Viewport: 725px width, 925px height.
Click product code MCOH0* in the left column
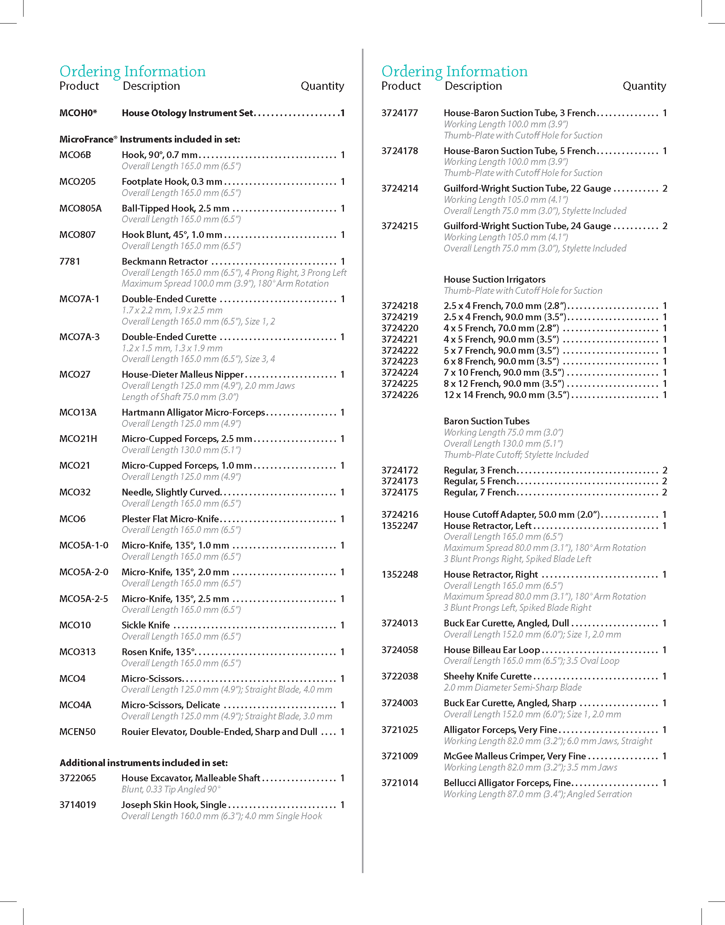[78, 113]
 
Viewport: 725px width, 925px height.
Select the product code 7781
[69, 261]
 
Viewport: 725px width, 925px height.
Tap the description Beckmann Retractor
[165, 261]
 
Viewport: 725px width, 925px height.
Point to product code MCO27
[75, 374]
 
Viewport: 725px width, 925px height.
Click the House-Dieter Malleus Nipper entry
[182, 374]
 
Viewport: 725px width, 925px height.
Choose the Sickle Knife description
[146, 625]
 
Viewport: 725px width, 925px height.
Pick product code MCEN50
[77, 732]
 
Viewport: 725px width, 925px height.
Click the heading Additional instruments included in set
[144, 763]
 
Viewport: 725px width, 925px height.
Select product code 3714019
[78, 805]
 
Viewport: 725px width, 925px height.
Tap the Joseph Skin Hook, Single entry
[174, 805]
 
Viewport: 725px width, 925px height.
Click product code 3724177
[399, 113]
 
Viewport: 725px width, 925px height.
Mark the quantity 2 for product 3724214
[665, 188]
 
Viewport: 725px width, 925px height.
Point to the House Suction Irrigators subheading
[494, 279]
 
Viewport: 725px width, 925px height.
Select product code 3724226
[399, 395]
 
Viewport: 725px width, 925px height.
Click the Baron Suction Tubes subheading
[486, 421]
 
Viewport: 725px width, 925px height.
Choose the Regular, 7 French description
[480, 492]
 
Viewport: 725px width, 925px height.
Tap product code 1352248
[399, 574]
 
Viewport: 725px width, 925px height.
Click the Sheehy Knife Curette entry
[487, 676]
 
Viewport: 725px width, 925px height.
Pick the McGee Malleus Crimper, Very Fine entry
[514, 756]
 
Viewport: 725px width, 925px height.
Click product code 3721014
[399, 783]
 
